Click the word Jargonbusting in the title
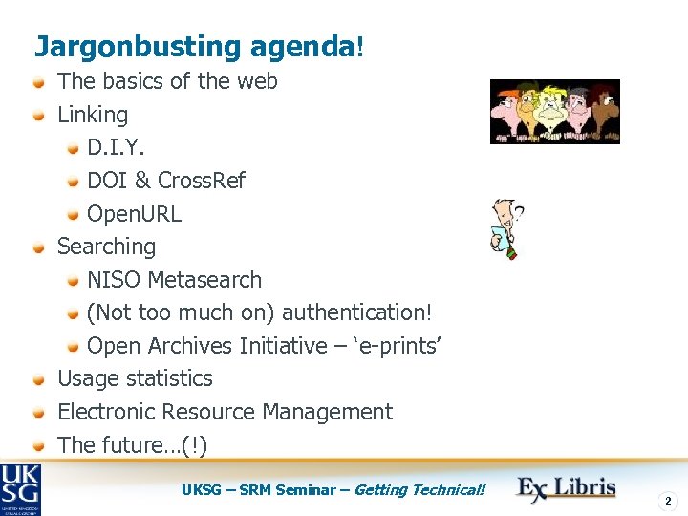pyautogui.click(x=124, y=46)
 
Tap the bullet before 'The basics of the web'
pyautogui.click(x=39, y=82)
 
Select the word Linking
pyautogui.click(x=93, y=115)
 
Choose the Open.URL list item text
pyautogui.click(x=134, y=214)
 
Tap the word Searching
pyautogui.click(x=106, y=247)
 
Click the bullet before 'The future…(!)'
pyautogui.click(x=39, y=445)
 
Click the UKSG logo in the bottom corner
pyautogui.click(x=20, y=488)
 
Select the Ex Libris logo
pyautogui.click(x=567, y=488)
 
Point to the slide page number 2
pyautogui.click(x=668, y=501)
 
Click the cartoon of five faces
pyautogui.click(x=554, y=111)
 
